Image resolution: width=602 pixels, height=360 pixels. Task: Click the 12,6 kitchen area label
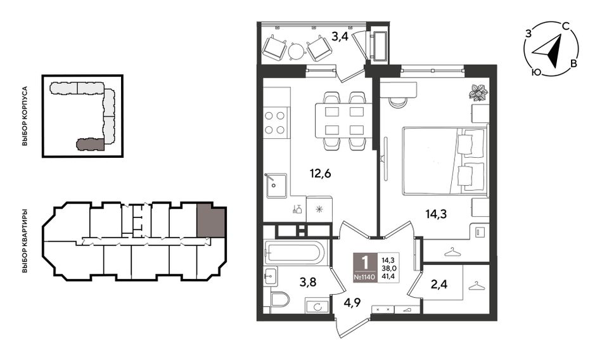tap(320, 174)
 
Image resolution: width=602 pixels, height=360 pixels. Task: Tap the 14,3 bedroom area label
tap(436, 214)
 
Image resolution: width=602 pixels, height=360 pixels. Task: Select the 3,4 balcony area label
tap(340, 37)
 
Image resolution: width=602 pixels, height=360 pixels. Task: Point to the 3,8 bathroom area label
tap(307, 283)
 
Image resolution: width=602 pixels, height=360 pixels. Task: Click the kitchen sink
tap(275, 186)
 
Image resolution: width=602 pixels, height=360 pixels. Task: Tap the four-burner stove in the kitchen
tap(275, 122)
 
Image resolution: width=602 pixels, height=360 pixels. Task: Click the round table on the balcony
tap(297, 50)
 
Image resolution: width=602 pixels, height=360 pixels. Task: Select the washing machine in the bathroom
tap(317, 307)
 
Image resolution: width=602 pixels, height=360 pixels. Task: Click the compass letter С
tap(565, 26)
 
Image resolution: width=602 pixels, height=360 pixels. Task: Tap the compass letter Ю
tap(536, 72)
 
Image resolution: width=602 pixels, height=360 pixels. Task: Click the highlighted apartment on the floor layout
tap(210, 220)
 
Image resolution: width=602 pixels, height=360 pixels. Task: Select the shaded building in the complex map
tap(90, 144)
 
